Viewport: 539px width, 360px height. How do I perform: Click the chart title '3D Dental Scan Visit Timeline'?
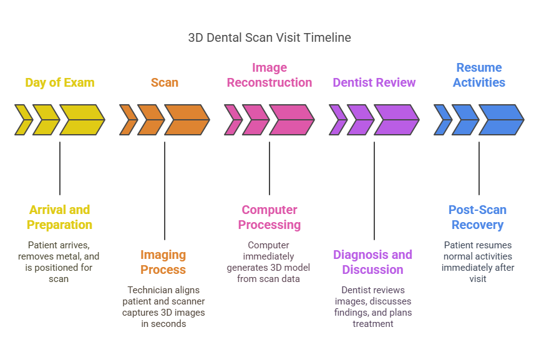point(269,37)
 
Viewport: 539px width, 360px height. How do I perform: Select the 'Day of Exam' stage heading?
point(60,82)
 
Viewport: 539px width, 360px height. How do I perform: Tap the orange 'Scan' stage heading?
point(165,82)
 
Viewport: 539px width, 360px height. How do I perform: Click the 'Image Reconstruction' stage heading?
point(269,75)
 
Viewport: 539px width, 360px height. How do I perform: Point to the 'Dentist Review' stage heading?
point(374,82)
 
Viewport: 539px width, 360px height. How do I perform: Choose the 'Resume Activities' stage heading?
point(479,75)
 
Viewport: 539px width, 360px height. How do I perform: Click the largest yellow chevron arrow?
point(82,120)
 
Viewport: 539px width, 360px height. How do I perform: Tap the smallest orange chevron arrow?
point(128,120)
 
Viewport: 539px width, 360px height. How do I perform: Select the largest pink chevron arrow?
point(291,120)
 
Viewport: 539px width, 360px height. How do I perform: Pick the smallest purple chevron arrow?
point(337,120)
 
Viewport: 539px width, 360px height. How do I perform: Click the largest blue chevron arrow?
point(501,120)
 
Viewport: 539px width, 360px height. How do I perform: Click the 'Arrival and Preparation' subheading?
point(60,217)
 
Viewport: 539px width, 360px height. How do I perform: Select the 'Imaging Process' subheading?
point(163,262)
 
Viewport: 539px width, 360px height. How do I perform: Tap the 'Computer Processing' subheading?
point(269,217)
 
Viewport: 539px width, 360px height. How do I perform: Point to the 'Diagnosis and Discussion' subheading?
point(373,262)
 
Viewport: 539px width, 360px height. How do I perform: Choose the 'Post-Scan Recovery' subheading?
point(478,217)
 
